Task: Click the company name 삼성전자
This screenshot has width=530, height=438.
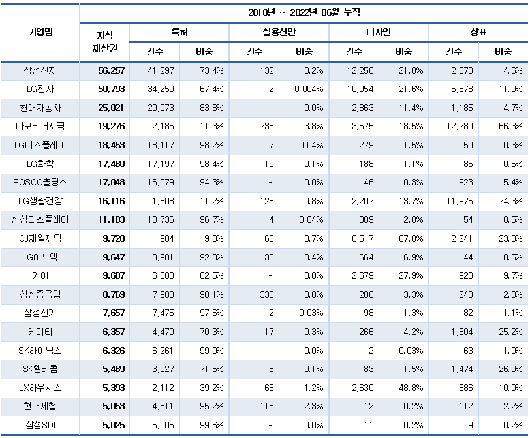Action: (x=40, y=70)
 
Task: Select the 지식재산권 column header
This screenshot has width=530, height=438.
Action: (x=104, y=41)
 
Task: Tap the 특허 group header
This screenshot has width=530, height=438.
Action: (x=179, y=32)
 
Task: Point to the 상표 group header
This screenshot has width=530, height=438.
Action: (x=478, y=32)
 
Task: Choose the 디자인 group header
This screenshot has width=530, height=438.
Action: (x=379, y=32)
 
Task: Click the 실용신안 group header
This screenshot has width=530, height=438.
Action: (x=279, y=32)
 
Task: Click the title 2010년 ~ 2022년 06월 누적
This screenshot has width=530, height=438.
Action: (x=304, y=12)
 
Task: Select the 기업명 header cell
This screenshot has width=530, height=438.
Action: (x=40, y=32)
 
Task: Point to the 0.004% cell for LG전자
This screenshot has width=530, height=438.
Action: (x=309, y=89)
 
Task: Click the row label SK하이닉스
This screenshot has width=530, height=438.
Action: (x=40, y=351)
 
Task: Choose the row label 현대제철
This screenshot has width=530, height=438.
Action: (x=40, y=407)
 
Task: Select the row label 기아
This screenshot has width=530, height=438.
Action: (x=40, y=276)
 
